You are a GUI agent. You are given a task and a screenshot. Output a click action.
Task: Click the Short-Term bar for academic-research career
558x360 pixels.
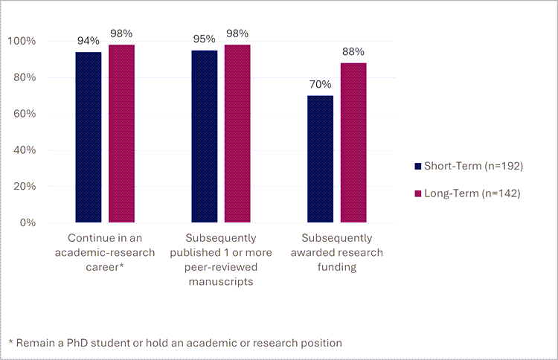(89, 137)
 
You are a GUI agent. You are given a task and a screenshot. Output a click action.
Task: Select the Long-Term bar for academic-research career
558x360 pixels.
(121, 133)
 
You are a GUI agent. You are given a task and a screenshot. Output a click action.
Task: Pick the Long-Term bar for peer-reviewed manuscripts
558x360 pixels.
(237, 133)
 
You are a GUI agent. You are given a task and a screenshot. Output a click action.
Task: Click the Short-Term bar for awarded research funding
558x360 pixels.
(321, 159)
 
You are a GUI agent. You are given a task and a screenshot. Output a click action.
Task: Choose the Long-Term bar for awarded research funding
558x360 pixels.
(353, 143)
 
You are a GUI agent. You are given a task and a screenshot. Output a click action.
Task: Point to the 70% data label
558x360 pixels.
(321, 84)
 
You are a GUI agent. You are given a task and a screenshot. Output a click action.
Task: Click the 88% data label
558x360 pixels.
(353, 51)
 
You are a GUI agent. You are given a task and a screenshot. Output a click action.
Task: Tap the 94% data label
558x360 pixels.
(89, 40)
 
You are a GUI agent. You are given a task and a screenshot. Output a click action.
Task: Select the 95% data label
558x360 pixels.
(205, 39)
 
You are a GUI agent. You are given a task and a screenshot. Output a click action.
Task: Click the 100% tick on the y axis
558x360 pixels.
(22, 41)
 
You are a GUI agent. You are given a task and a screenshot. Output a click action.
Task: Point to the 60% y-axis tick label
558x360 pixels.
(25, 114)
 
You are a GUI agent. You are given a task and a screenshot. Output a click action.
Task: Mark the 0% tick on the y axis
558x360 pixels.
(29, 223)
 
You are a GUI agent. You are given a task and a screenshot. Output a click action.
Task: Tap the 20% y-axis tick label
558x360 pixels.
(25, 187)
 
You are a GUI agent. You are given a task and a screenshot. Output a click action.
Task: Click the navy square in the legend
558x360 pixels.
(418, 166)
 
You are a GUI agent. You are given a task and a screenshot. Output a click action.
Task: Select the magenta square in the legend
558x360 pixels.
(418, 194)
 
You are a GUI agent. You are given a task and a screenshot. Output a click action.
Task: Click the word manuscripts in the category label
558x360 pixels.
(221, 282)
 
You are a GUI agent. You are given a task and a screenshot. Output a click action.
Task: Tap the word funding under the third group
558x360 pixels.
(337, 267)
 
